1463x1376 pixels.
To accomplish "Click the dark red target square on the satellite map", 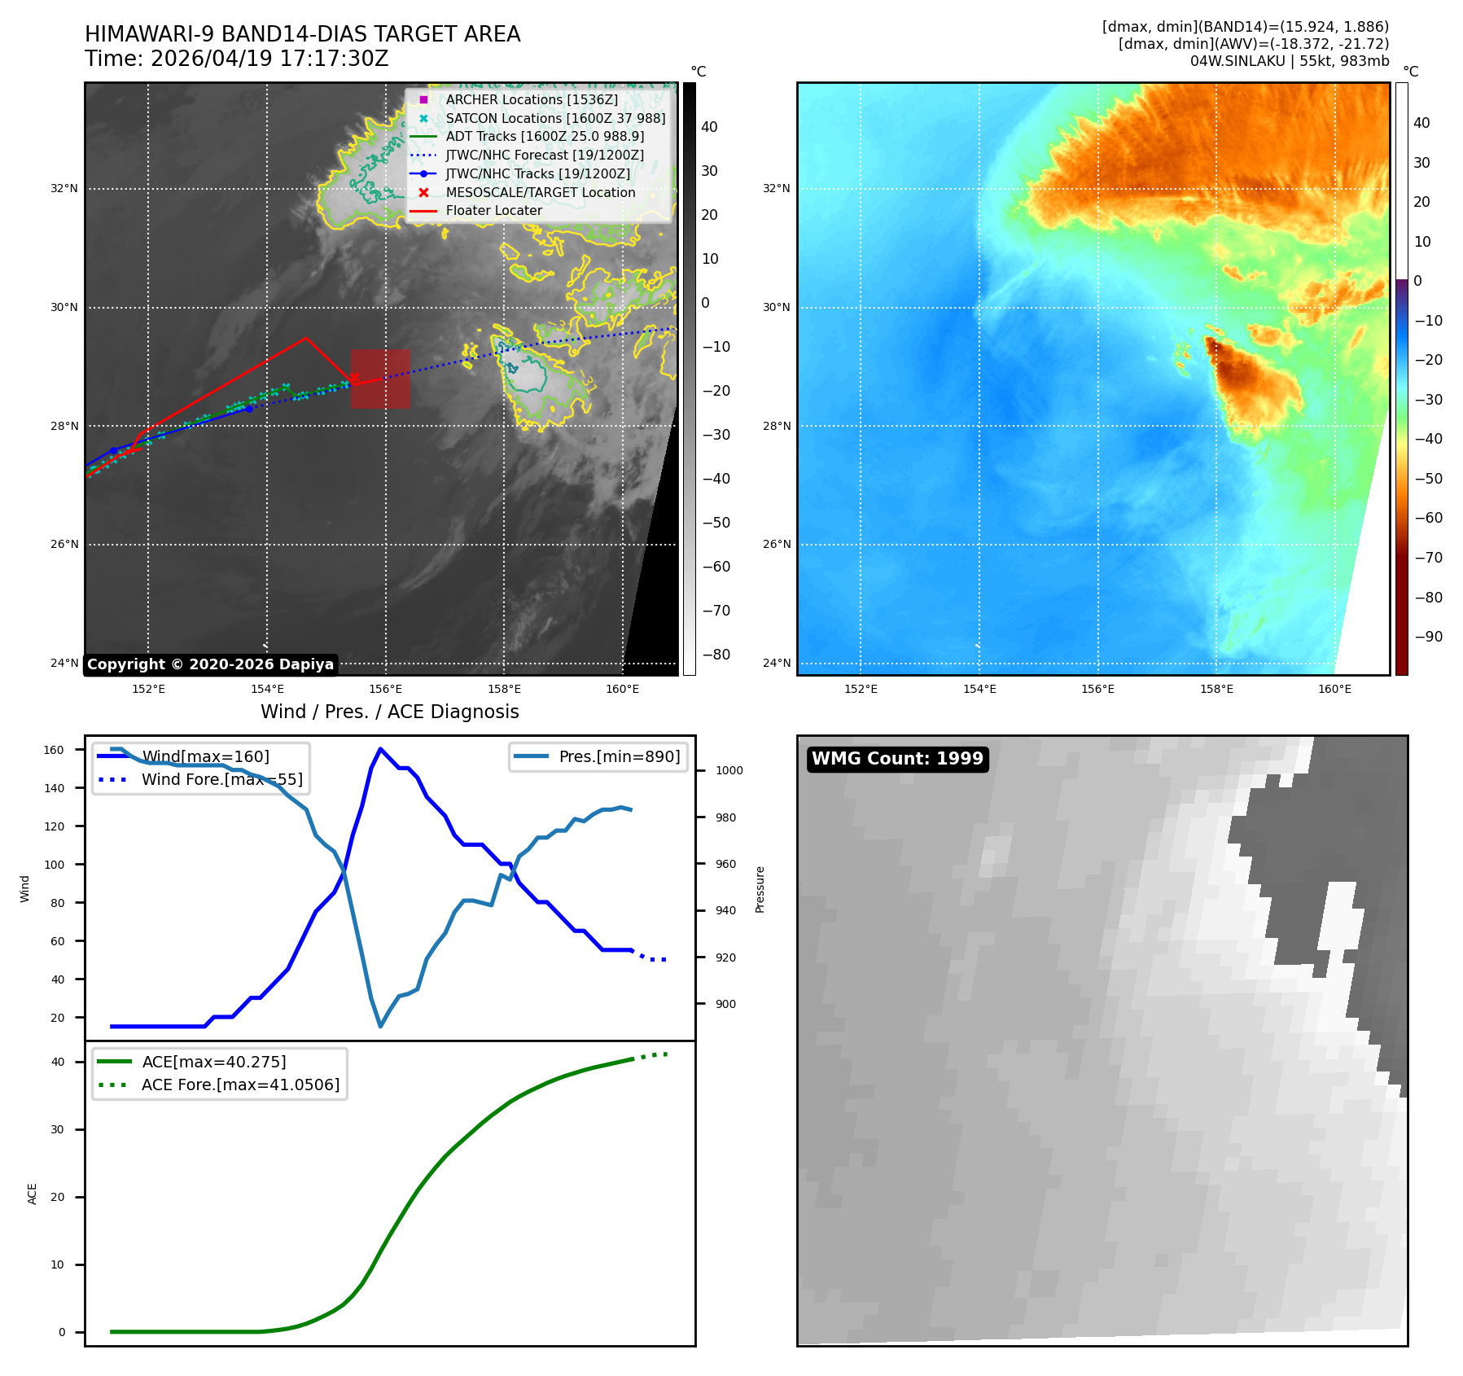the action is pos(380,379).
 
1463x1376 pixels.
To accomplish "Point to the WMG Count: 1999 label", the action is pos(897,759).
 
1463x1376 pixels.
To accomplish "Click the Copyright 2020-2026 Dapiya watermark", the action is pos(210,664).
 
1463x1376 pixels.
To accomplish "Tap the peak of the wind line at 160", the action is pos(380,749).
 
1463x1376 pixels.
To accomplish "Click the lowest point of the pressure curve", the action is pos(380,1026).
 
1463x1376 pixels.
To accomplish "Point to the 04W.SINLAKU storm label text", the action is pos(1290,61).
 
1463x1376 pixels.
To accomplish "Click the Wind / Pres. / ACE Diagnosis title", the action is pos(390,712).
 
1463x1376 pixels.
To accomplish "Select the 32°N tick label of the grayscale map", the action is pos(64,189).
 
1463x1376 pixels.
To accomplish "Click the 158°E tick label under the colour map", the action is pos(1216,689).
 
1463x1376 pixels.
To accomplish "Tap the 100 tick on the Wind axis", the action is pos(54,865).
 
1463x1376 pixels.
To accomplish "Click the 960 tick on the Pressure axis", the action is pos(725,864).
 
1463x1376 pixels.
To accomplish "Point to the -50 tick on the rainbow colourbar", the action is pos(1429,479).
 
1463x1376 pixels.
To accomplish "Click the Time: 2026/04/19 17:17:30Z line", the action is pos(237,59).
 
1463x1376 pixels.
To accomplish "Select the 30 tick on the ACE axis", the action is pos(58,1129).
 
